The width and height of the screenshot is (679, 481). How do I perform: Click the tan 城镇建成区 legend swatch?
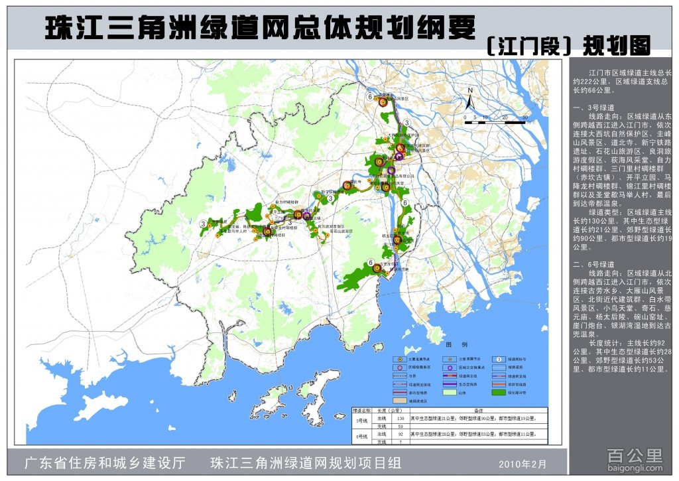400,401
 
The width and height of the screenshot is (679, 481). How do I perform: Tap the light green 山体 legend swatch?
451,393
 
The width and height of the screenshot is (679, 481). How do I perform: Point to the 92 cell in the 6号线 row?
400,434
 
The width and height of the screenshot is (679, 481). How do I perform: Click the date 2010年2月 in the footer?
524,464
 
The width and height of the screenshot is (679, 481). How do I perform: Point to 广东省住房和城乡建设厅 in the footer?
104,462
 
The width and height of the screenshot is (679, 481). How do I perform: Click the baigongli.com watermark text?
635,467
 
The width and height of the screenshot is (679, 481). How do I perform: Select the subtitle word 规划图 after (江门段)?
615,46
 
